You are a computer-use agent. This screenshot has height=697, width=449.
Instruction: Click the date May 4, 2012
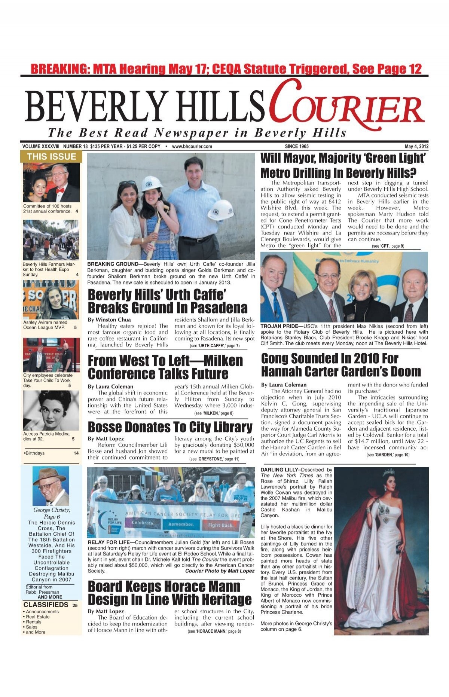(416, 146)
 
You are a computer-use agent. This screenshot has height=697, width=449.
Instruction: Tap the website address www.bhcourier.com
(192, 146)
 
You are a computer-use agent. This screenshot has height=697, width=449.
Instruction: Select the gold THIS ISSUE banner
(51, 157)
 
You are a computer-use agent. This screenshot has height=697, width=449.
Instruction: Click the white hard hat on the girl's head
(152, 183)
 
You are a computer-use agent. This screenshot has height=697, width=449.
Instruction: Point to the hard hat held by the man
(220, 210)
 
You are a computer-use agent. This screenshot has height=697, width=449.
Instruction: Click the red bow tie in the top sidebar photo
(59, 190)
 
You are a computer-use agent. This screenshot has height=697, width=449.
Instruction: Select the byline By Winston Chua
(109, 320)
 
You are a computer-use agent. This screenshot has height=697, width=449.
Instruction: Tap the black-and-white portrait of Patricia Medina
(51, 410)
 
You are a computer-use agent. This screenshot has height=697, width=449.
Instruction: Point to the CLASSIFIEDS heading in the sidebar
(46, 605)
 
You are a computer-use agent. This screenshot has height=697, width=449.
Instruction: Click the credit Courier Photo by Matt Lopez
(220, 571)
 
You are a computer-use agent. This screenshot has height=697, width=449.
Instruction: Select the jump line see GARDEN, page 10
(388, 455)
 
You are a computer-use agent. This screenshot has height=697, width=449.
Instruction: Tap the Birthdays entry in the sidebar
(34, 453)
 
